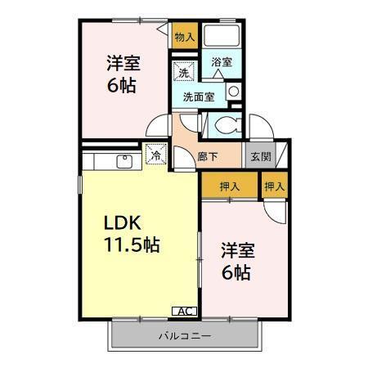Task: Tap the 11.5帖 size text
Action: point(131,245)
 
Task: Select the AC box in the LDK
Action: point(186,311)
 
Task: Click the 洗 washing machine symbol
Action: point(186,72)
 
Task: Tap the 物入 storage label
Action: point(184,36)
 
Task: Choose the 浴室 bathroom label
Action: point(221,61)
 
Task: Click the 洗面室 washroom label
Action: point(198,96)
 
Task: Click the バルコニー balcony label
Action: point(185,336)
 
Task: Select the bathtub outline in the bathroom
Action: point(221,36)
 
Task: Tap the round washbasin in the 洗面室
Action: point(232,92)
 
